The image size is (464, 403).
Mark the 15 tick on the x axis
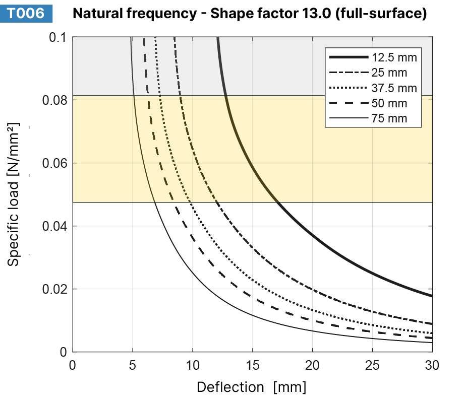tap(252, 364)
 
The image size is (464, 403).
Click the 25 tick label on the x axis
tap(372, 364)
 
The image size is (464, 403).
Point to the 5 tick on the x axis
tap(133, 364)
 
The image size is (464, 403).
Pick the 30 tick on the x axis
tap(432, 364)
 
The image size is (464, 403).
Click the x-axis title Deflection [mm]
tap(251, 387)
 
